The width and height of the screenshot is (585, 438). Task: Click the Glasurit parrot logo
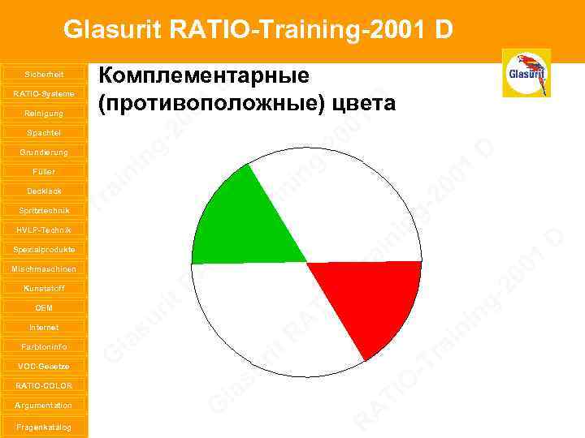[x=526, y=73]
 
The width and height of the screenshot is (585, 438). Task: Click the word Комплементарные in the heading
[x=204, y=76]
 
